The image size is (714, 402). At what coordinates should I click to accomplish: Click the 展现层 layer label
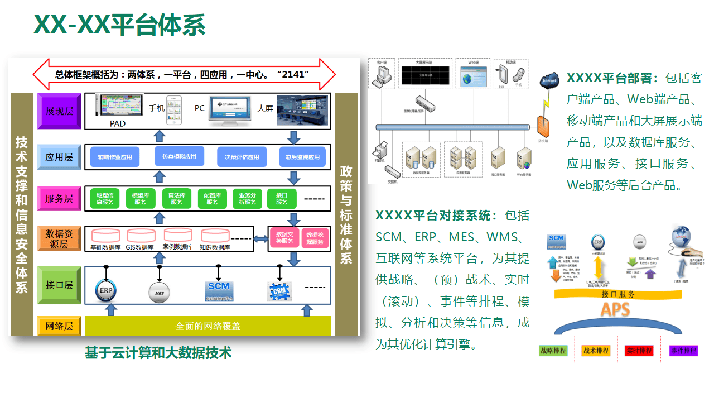tap(59, 111)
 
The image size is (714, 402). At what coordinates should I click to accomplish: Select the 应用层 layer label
tap(59, 157)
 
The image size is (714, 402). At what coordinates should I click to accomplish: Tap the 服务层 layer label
tap(59, 198)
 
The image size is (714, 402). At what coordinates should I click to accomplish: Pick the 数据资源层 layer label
tap(59, 238)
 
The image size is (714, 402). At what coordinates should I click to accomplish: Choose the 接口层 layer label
tap(59, 285)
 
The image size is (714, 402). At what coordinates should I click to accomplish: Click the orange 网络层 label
tap(59, 326)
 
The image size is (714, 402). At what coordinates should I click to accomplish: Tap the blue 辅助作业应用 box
tap(115, 157)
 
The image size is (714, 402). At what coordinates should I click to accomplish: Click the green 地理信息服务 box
tap(105, 199)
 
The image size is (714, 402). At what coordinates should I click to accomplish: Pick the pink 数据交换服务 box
tap(284, 238)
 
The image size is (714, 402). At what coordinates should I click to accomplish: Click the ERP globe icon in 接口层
tap(106, 290)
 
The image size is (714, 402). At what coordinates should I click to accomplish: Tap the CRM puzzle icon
tap(279, 291)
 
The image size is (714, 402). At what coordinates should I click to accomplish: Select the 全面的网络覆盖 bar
tap(208, 326)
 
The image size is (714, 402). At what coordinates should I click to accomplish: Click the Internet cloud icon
tap(549, 82)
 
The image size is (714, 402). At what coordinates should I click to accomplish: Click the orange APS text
tap(615, 309)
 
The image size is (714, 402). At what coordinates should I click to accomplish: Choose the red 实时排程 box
tap(639, 351)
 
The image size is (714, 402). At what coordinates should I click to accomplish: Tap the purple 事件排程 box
tap(683, 351)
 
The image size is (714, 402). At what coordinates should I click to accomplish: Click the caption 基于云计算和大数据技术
tap(158, 353)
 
